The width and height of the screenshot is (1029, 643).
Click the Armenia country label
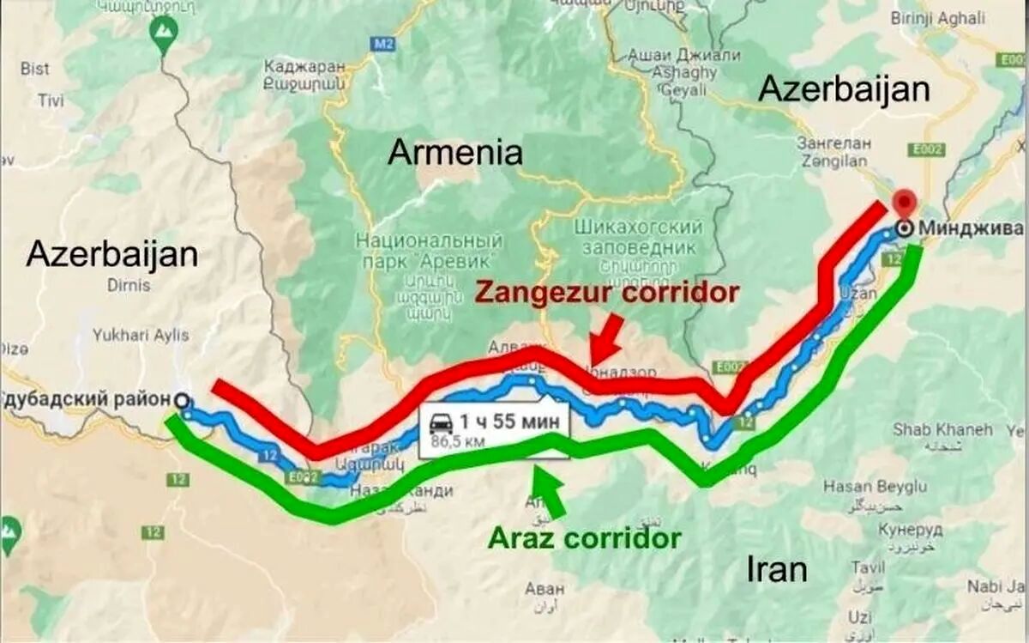tap(454, 153)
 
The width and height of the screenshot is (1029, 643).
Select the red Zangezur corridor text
tap(606, 292)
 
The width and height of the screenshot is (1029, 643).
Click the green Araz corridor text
tap(585, 538)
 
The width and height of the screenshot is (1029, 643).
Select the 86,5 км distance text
tap(457, 442)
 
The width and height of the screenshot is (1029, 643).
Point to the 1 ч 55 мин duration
tap(509, 422)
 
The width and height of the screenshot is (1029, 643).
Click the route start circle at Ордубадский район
tap(181, 400)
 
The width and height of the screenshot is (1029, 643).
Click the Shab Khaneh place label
tap(942, 428)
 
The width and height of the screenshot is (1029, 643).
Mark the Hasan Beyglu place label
tap(875, 486)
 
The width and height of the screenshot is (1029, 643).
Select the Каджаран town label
tap(304, 66)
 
